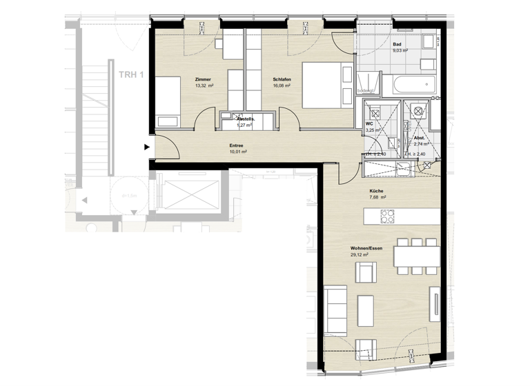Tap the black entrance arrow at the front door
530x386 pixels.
146,146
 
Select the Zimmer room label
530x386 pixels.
203,79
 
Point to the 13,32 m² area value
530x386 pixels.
204,86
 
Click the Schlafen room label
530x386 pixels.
282,79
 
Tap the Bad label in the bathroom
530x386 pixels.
397,44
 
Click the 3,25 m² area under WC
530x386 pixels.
374,130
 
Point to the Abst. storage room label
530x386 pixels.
420,138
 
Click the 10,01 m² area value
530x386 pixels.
238,152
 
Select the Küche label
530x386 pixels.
376,190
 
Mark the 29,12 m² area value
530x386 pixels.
359,255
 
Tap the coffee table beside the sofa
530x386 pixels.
366,311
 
